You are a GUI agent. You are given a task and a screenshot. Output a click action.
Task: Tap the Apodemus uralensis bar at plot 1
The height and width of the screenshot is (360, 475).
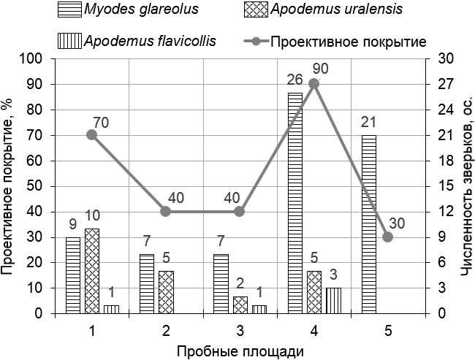[91, 271]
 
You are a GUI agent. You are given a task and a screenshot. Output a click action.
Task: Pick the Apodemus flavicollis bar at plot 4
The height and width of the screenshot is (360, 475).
[332, 300]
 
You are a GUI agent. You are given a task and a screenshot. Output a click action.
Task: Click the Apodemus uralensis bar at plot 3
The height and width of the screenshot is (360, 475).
[239, 305]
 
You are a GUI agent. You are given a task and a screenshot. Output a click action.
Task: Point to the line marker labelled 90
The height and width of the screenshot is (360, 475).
[313, 84]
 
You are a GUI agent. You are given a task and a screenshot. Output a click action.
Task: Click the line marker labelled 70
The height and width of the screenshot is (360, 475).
[92, 134]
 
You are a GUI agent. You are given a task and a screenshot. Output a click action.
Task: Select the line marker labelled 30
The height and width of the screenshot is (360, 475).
[387, 237]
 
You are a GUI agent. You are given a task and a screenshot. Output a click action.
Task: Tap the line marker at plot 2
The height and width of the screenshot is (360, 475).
[166, 212]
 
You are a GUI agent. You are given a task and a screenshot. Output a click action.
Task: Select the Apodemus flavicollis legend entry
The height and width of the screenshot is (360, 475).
[139, 40]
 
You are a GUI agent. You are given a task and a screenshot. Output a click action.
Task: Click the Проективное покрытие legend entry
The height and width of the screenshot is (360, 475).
[336, 40]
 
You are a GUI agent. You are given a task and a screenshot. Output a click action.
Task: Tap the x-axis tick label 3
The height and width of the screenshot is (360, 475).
[240, 331]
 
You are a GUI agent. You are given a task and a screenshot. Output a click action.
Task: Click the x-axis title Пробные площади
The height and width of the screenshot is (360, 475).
[240, 351]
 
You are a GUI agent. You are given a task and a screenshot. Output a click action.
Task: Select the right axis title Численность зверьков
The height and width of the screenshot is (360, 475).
[466, 186]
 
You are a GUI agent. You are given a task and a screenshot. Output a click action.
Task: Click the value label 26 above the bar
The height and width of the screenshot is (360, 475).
[294, 79]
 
